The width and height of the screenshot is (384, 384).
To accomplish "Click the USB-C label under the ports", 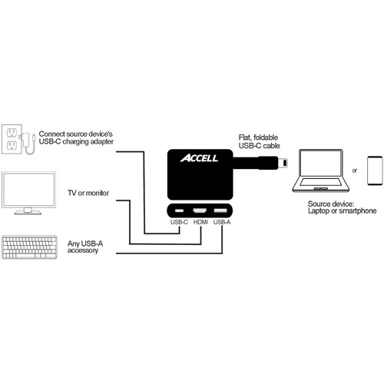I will pos(178,223).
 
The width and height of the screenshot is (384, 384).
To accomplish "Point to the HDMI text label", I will pos(200,223).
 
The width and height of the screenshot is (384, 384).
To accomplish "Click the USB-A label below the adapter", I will pos(220,223).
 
